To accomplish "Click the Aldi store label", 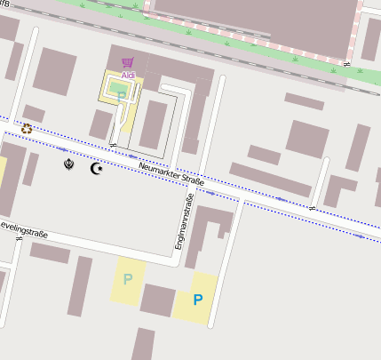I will [x=129, y=76].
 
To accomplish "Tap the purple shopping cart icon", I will [x=128, y=62].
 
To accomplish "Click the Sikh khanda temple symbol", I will [x=69, y=164].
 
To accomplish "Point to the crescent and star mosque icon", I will [x=96, y=168].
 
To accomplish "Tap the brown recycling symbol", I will [x=27, y=129].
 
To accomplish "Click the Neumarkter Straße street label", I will [x=171, y=175].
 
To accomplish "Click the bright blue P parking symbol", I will [x=197, y=300].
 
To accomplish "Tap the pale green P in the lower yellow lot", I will [x=128, y=279].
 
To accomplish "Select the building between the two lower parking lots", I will [x=157, y=300].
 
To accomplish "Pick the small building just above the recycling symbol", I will [x=34, y=113].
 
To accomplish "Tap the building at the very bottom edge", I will [x=143, y=344].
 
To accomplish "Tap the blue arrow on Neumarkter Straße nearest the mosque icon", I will [x=62, y=149].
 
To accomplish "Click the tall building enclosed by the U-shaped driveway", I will [x=154, y=124].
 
